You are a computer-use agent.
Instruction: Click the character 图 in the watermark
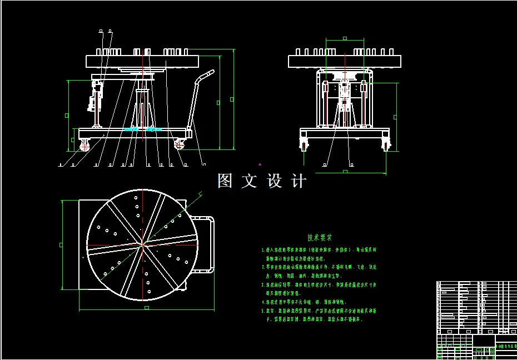pyautogui.click(x=225, y=181)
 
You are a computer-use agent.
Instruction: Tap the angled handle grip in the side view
pyautogui.click(x=207, y=74)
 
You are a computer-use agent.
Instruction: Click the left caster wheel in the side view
pyautogui.click(x=86, y=146)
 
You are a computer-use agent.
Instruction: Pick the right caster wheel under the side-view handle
pyautogui.click(x=180, y=144)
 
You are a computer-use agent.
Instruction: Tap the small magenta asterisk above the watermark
pyautogui.click(x=260, y=165)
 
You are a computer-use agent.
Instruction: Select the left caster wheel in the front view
pyautogui.click(x=304, y=144)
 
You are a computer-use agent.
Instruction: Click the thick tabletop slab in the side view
pyautogui.click(x=142, y=61)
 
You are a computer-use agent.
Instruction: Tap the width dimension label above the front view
pyautogui.click(x=345, y=38)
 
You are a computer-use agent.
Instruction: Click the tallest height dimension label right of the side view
pyautogui.click(x=232, y=99)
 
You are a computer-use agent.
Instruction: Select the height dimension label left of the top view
pyautogui.click(x=61, y=244)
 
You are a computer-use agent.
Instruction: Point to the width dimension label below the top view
pyautogui.click(x=146, y=307)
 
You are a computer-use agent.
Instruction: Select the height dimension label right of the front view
pyautogui.click(x=395, y=117)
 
